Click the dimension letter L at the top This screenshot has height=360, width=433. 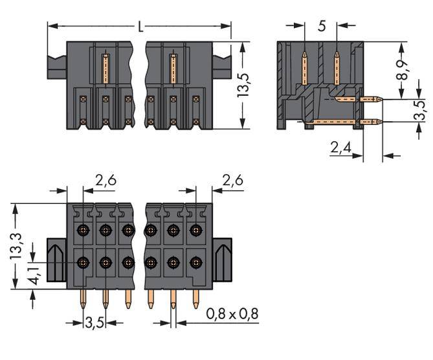(140, 27)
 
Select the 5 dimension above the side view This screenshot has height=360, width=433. (322, 27)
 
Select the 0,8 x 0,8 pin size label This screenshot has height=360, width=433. (232, 315)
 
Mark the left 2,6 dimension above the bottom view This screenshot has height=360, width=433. (106, 181)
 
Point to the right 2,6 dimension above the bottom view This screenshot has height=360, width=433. (232, 181)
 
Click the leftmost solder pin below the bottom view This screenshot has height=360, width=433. (83, 299)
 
